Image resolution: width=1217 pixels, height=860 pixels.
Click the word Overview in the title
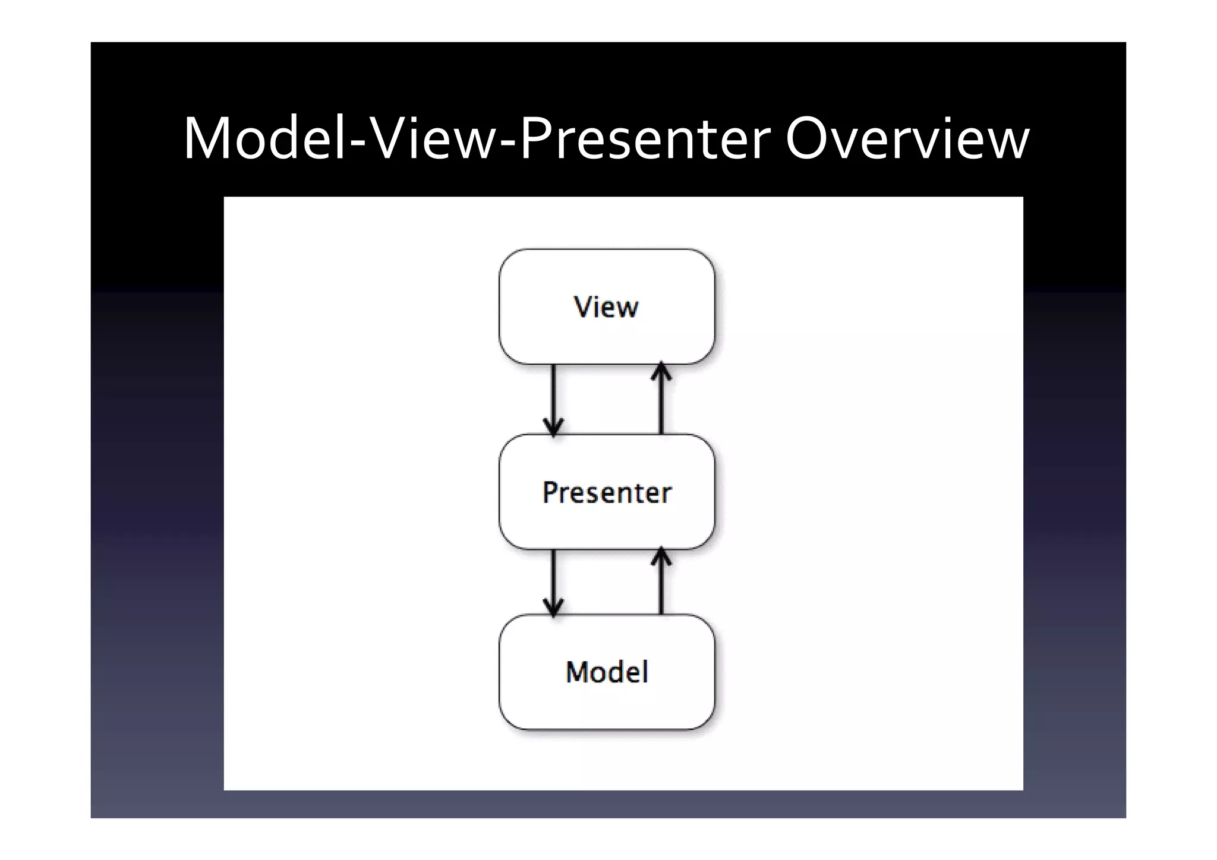(907, 139)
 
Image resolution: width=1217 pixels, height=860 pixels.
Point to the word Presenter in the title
(645, 139)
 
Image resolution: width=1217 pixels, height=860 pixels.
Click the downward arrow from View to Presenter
(553, 398)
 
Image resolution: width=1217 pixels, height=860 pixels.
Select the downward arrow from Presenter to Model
(553, 582)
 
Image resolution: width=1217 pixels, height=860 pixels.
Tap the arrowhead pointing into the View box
(661, 371)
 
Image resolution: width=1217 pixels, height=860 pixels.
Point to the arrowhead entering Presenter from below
(661, 557)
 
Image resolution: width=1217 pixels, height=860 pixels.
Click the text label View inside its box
(606, 307)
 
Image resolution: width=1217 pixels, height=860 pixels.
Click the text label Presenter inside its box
(607, 493)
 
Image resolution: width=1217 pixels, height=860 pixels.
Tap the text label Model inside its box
(607, 672)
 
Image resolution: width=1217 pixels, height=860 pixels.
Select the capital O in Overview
(810, 139)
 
